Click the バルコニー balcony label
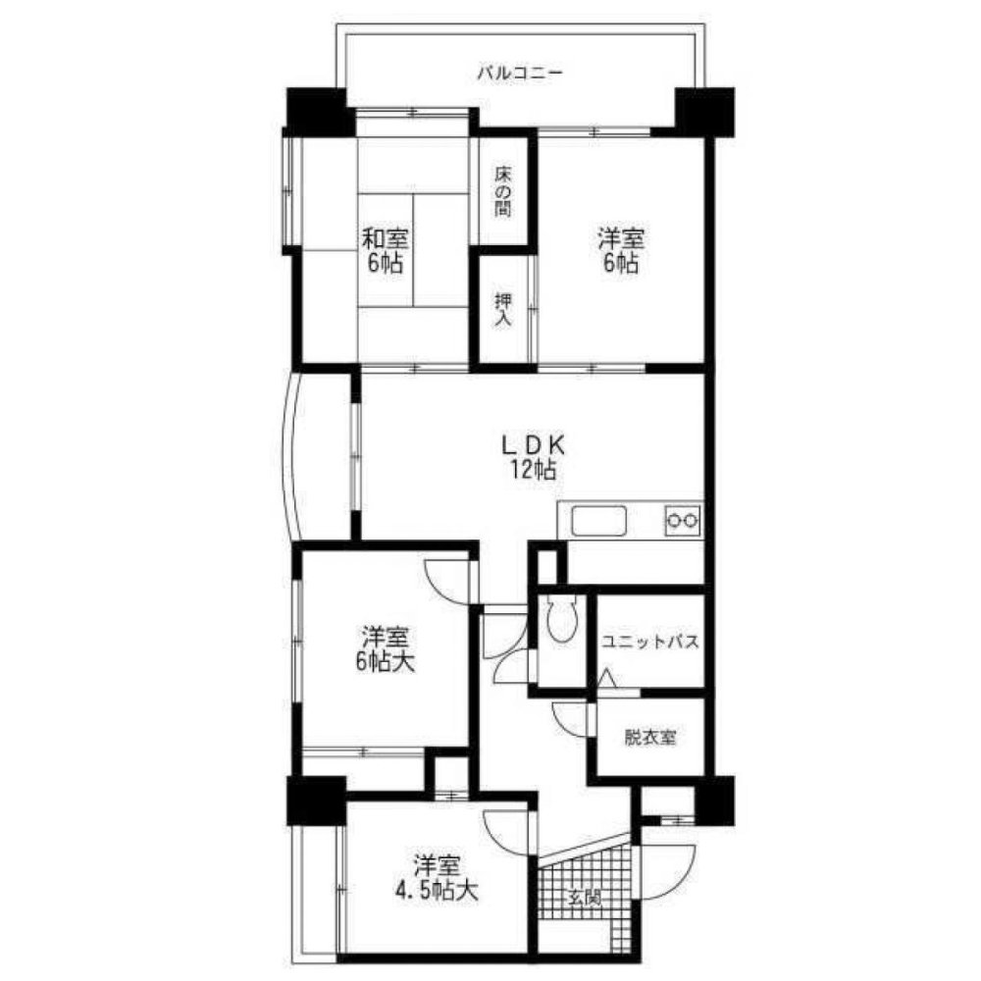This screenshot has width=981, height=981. [x=520, y=73]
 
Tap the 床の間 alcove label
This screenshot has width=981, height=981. [x=503, y=191]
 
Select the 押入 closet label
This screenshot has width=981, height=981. [x=502, y=310]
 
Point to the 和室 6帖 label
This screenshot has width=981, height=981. [x=386, y=250]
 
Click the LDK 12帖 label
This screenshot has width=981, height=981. [x=533, y=457]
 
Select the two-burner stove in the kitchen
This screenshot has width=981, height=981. [x=683, y=520]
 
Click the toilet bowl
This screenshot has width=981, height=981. [x=561, y=620]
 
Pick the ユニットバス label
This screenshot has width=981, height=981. [x=649, y=644]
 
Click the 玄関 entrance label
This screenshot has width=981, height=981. [x=584, y=898]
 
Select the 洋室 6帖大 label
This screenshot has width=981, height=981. [x=385, y=648]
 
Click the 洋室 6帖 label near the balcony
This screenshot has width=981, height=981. [x=621, y=250]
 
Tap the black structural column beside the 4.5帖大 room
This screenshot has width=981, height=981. [x=316, y=800]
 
